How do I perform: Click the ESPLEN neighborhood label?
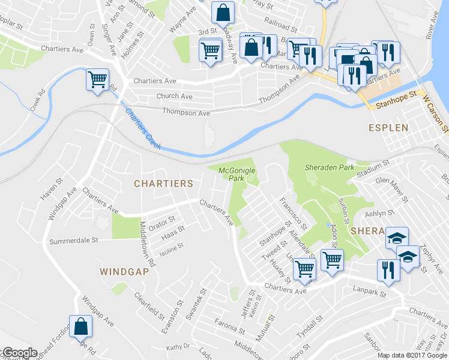click(x=388, y=128)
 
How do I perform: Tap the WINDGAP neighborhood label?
click(x=124, y=272)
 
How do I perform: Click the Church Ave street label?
click(x=175, y=96)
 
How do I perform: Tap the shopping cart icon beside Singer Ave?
click(x=97, y=79)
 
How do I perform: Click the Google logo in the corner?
click(x=19, y=353)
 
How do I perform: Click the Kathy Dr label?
click(x=178, y=347)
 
